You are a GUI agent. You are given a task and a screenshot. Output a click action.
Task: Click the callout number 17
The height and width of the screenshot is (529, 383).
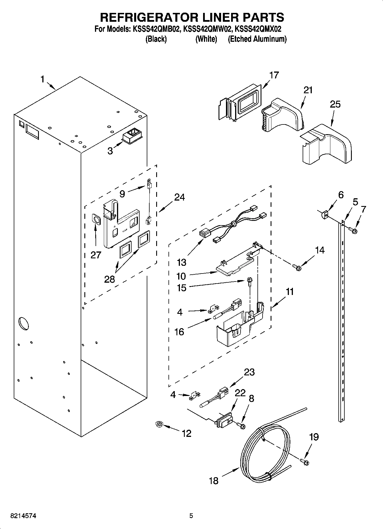[x=273, y=75]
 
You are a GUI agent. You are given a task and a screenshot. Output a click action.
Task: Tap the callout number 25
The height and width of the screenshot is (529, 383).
[x=335, y=104]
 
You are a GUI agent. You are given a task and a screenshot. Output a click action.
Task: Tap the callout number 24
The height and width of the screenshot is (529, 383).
[x=179, y=197]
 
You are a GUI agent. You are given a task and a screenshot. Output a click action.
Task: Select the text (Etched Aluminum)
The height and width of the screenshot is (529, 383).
[x=257, y=39]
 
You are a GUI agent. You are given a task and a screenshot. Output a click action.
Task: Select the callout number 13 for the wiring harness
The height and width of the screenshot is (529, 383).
[x=181, y=262]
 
